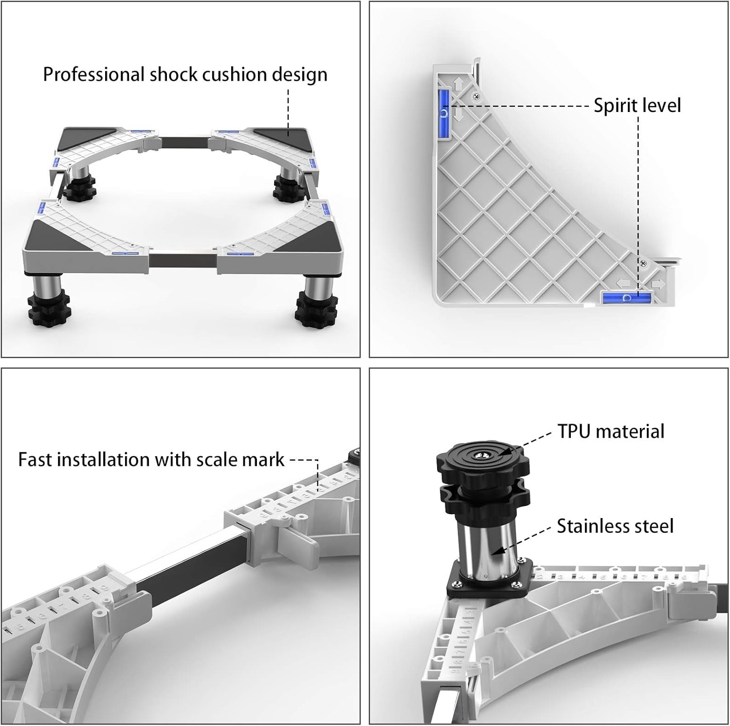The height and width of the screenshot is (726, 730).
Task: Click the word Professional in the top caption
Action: [x=94, y=74]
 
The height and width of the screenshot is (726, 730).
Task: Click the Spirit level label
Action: [x=637, y=106]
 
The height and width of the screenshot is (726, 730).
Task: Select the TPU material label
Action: [x=611, y=431]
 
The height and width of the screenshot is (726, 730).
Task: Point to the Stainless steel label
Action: [x=615, y=526]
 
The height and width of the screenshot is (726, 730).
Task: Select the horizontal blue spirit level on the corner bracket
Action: [x=627, y=297]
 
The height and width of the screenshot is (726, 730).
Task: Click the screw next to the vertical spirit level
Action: [x=476, y=96]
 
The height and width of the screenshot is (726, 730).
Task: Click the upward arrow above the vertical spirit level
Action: [x=458, y=84]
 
